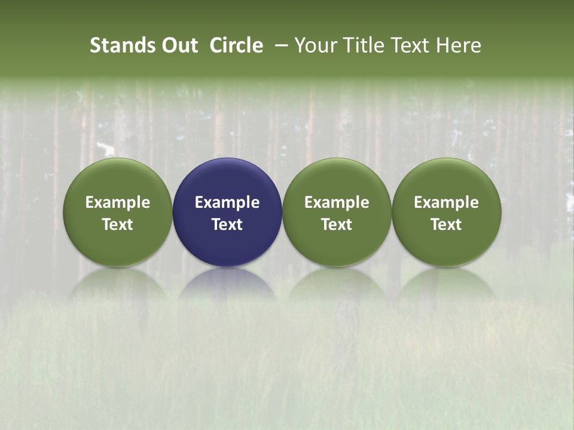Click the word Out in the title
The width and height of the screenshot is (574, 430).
pos(178,45)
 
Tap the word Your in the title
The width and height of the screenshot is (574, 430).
pos(315,45)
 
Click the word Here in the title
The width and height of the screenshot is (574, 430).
pos(457,45)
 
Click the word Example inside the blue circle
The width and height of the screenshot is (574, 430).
pos(227,202)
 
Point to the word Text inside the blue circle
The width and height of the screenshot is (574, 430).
pos(227,225)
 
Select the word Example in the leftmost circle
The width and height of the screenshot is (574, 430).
pos(118,202)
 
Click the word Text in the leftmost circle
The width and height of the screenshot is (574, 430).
pos(118,225)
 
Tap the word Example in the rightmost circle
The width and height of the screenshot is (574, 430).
pos(447,202)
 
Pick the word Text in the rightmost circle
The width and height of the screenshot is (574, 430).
pos(447,225)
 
